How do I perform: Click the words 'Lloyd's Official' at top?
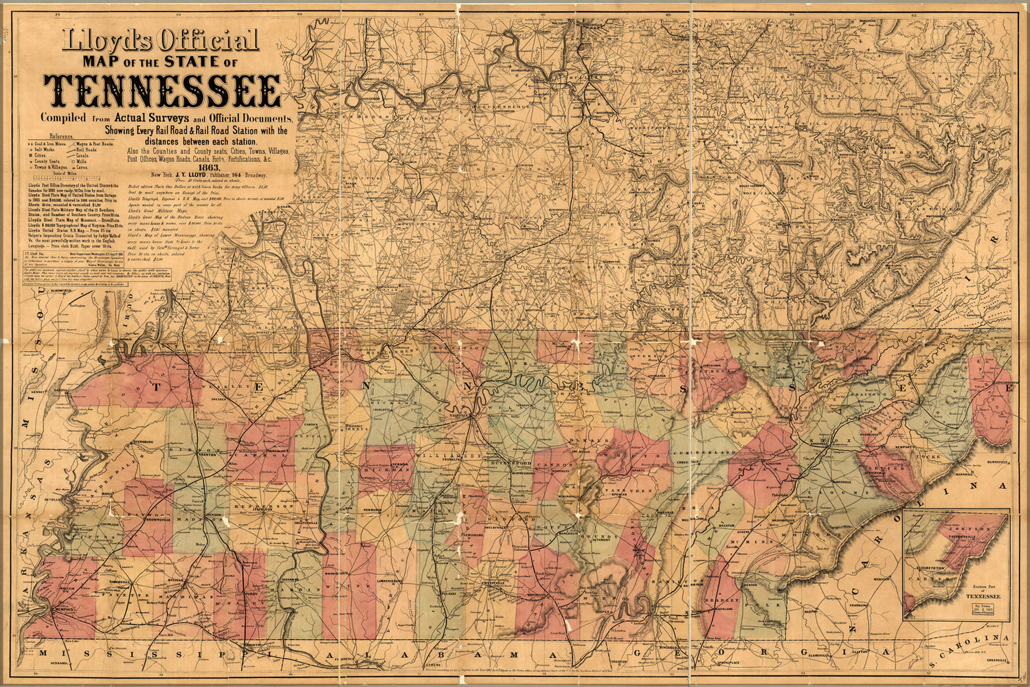(x=159, y=41)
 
